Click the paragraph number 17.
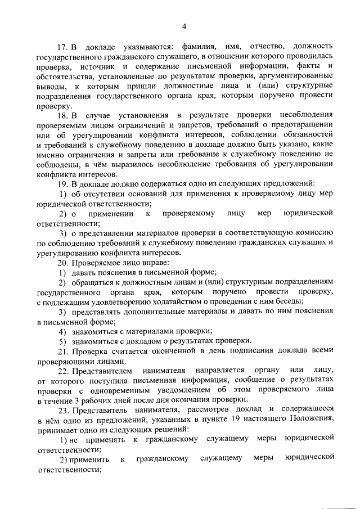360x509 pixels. point(64,45)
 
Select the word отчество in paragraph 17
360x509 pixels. point(263,45)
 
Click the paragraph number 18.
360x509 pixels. point(64,114)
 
